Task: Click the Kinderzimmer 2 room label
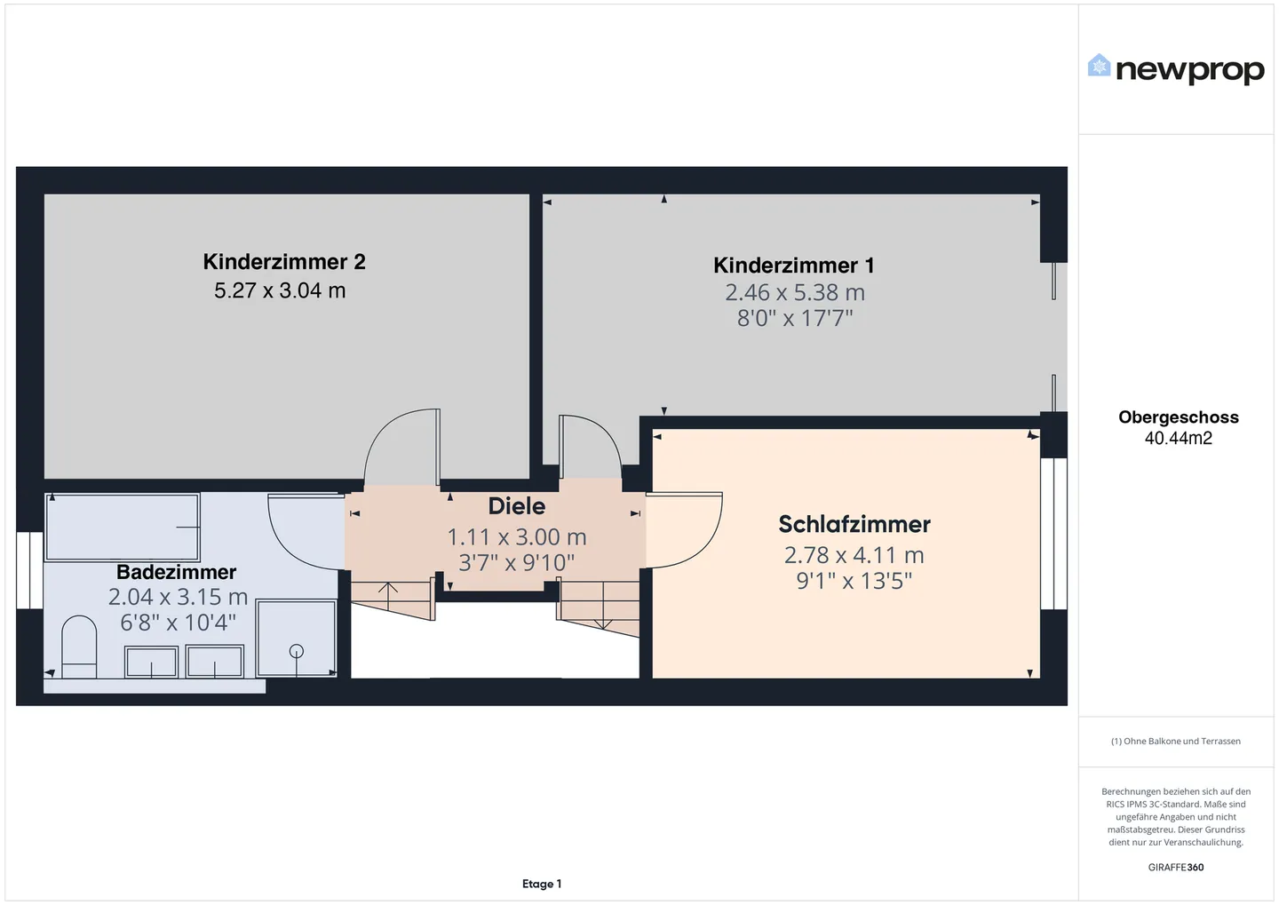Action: pyautogui.click(x=284, y=262)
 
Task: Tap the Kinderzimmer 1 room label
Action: pyautogui.click(x=794, y=266)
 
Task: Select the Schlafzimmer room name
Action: pyautogui.click(x=854, y=524)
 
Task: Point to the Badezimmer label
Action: pyautogui.click(x=176, y=572)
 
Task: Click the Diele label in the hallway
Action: pyautogui.click(x=517, y=506)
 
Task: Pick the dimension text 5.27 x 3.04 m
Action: pyautogui.click(x=280, y=290)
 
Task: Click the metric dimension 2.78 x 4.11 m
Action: pyautogui.click(x=854, y=555)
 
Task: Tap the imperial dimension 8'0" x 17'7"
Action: pyautogui.click(x=795, y=318)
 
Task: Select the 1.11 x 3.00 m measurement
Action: pyautogui.click(x=517, y=537)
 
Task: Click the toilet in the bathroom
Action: pyautogui.click(x=79, y=647)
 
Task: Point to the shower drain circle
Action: pyautogui.click(x=297, y=650)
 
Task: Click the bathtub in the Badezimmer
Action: pyautogui.click(x=123, y=527)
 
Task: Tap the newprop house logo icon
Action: pyautogui.click(x=1099, y=66)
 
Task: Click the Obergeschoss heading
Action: pyautogui.click(x=1178, y=417)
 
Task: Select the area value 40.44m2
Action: pyautogui.click(x=1178, y=438)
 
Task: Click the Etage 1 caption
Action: pyautogui.click(x=541, y=884)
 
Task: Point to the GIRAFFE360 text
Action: pyautogui.click(x=1176, y=868)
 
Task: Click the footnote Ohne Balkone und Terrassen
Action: pyautogui.click(x=1176, y=741)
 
